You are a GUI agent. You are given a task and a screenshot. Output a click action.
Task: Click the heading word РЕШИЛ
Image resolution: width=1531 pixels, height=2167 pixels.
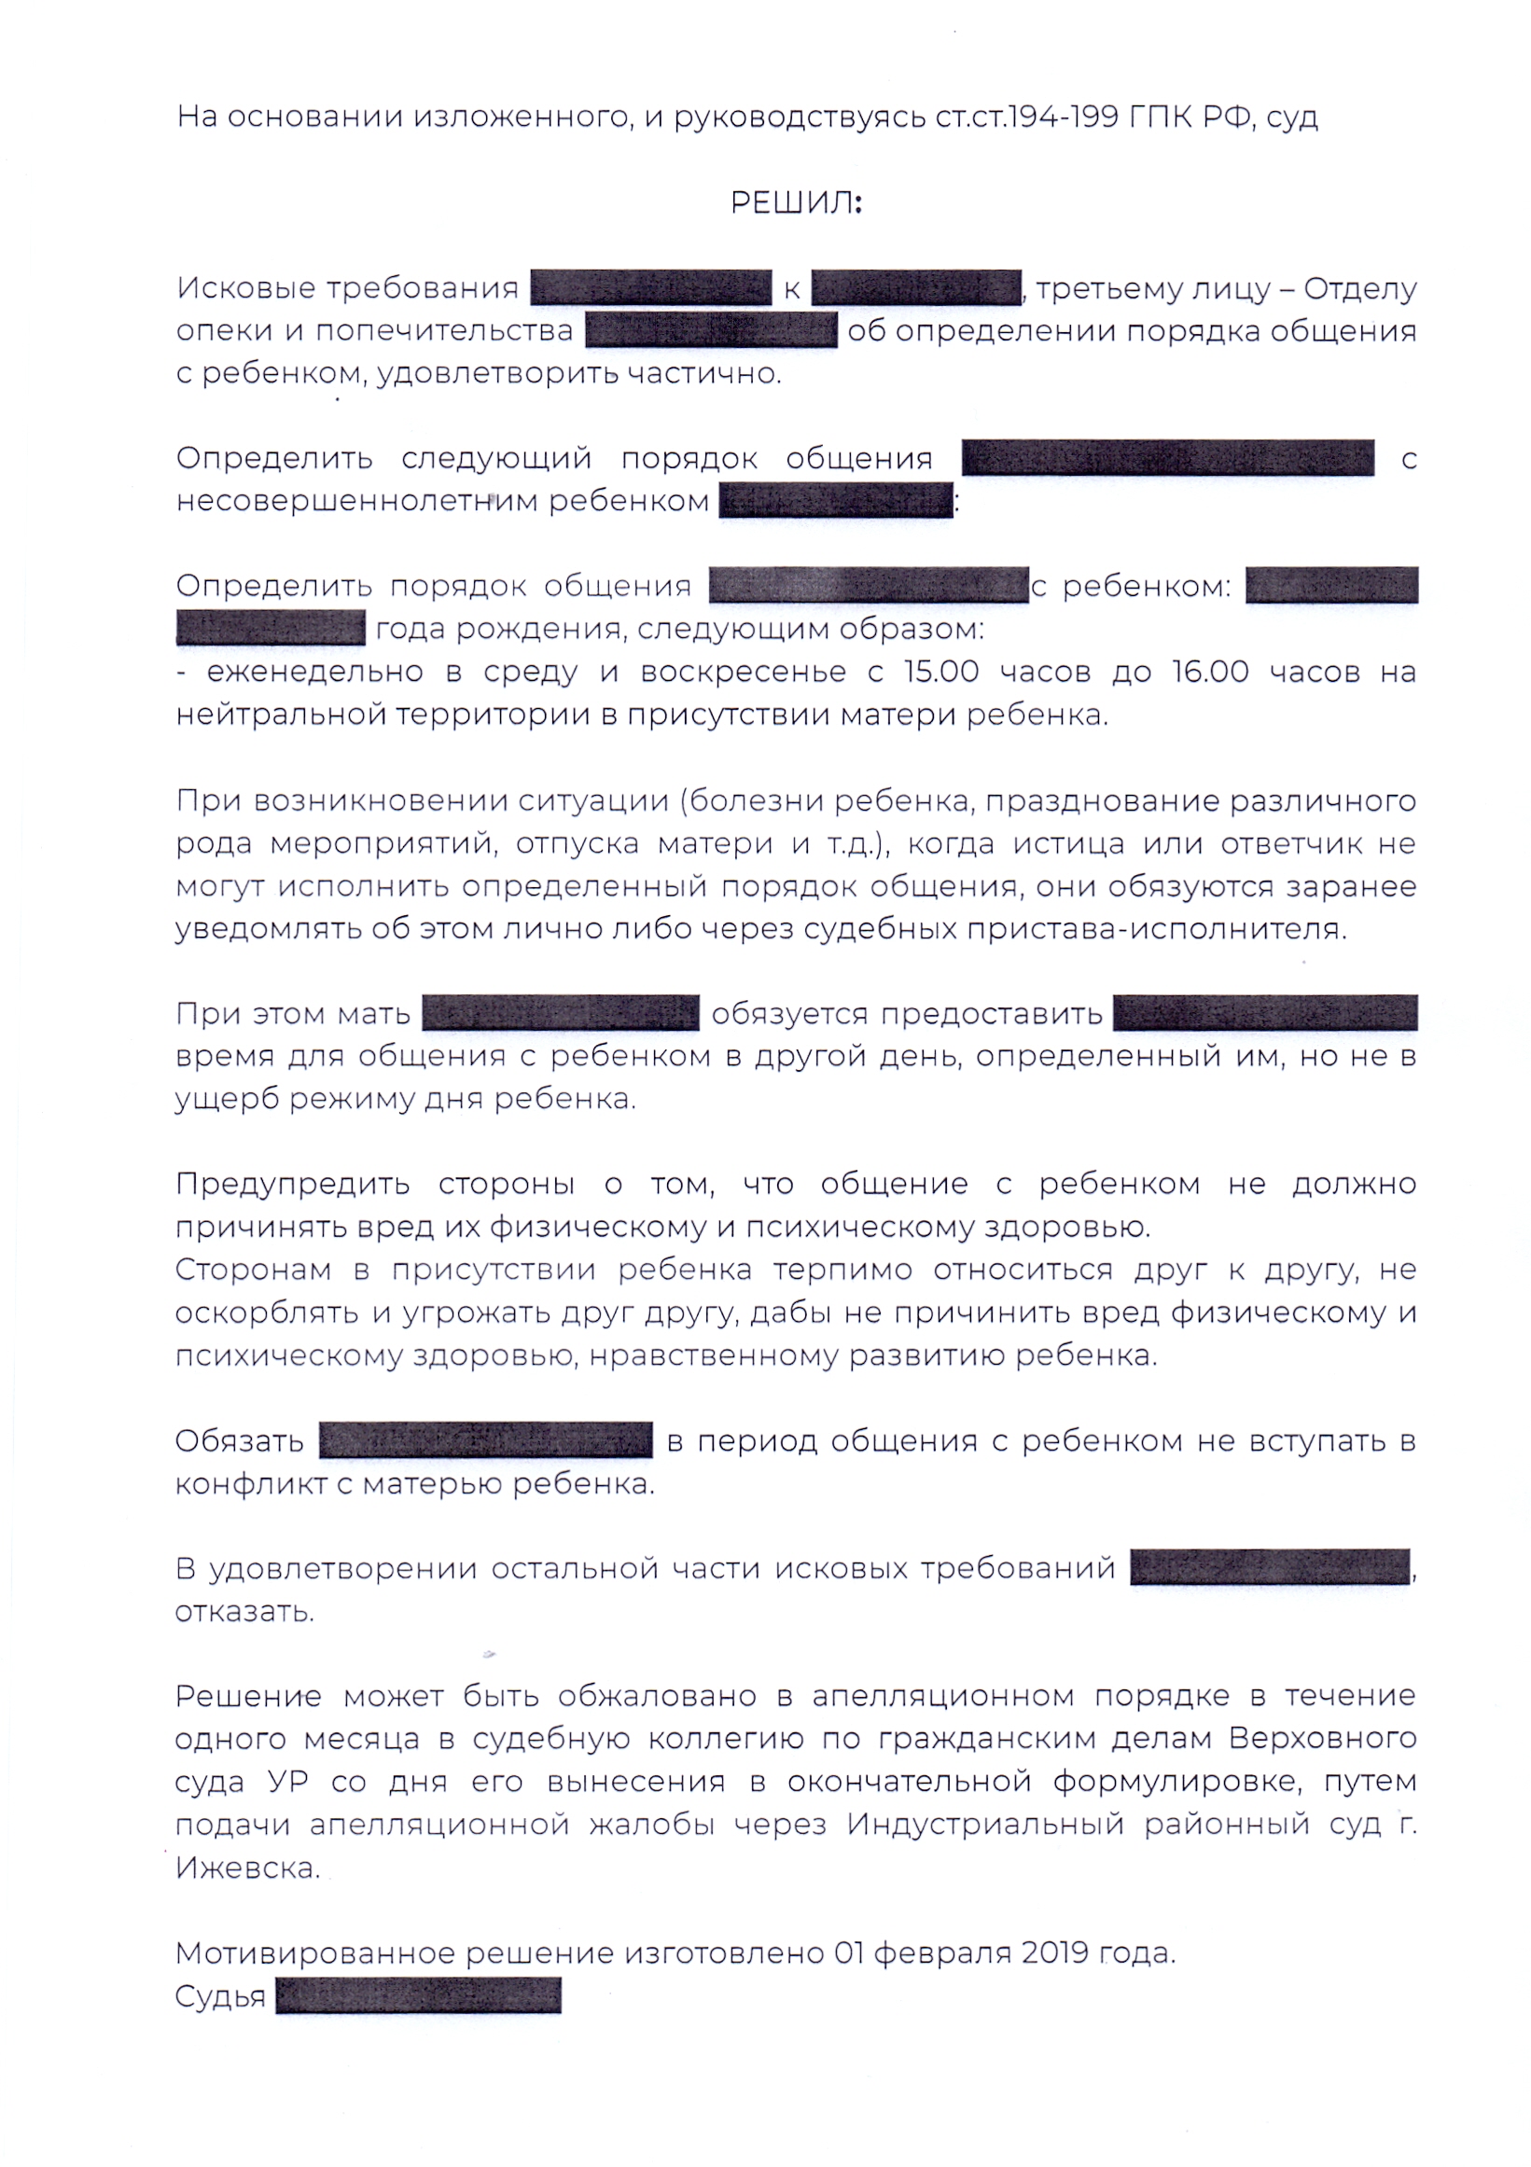(x=795, y=203)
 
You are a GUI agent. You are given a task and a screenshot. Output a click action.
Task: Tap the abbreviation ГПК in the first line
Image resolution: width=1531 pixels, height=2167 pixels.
(x=1162, y=117)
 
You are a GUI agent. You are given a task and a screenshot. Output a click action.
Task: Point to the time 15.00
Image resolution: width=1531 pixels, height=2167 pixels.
(x=941, y=672)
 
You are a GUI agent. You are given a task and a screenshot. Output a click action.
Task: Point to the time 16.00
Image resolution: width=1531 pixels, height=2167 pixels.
(x=1210, y=672)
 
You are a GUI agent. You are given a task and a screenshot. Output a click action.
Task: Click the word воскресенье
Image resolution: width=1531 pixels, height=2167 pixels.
(x=743, y=672)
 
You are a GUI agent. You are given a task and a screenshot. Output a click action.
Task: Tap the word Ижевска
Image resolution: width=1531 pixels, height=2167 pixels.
(x=247, y=1867)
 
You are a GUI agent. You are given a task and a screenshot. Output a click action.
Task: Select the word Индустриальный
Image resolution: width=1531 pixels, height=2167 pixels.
(x=984, y=1825)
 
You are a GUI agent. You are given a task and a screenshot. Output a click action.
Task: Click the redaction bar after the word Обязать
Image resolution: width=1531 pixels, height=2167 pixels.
(x=486, y=1440)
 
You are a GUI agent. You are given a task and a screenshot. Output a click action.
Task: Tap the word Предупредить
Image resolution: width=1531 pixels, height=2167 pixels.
(x=293, y=1184)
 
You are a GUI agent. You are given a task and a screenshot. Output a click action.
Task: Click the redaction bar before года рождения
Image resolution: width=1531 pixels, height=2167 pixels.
(x=270, y=629)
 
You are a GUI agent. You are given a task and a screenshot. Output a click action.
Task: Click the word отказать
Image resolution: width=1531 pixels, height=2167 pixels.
(x=244, y=1611)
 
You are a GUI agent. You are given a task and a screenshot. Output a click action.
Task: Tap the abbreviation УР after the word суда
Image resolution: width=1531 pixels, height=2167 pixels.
(x=289, y=1782)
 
